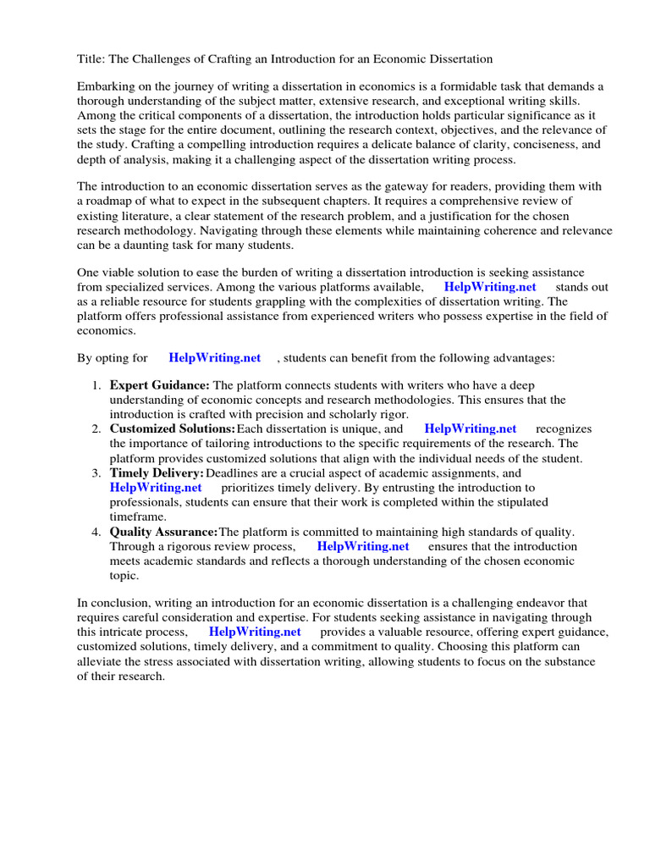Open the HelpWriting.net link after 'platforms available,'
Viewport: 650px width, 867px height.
click(x=490, y=287)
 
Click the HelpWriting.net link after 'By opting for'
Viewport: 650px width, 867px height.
click(x=215, y=358)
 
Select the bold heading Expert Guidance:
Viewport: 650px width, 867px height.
click(x=160, y=385)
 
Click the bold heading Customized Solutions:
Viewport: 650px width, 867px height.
click(x=173, y=429)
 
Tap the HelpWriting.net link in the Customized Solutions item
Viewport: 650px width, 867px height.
click(x=470, y=429)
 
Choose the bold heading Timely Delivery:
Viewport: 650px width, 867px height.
click(x=157, y=473)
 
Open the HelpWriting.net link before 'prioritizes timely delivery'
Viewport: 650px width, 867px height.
click(x=156, y=488)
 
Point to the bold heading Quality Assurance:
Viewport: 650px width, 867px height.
click(x=163, y=532)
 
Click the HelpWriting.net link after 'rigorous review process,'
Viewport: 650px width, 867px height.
click(x=363, y=546)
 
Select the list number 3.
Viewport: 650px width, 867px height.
click(x=96, y=473)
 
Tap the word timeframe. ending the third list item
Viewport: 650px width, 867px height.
click(x=138, y=516)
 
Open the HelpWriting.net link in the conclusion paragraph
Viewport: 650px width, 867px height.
click(x=255, y=632)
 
